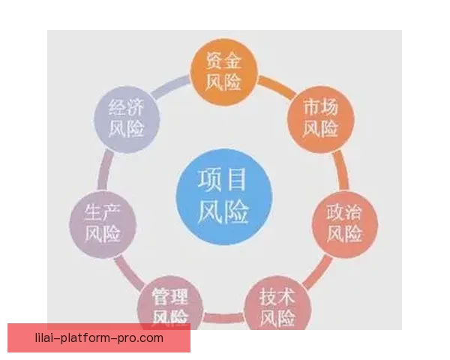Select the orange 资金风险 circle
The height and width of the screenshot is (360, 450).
point(223,71)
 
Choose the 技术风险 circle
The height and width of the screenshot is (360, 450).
point(277,304)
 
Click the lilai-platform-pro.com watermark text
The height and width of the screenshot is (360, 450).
point(99,338)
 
